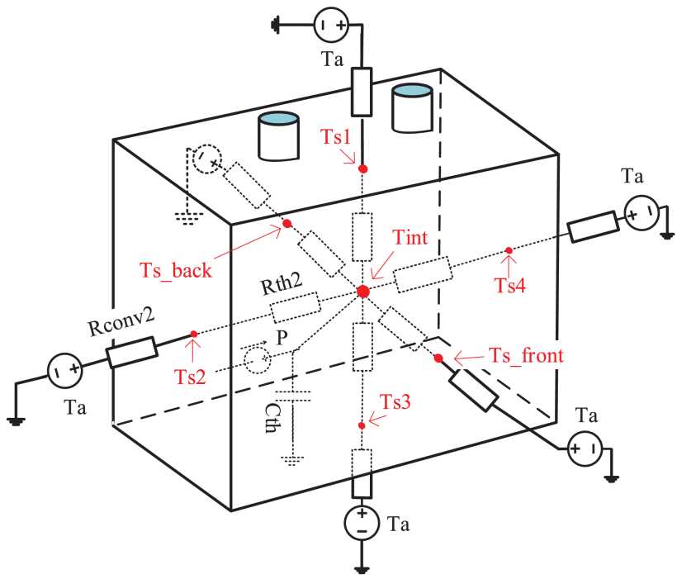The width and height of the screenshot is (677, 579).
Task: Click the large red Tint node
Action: pos(363,291)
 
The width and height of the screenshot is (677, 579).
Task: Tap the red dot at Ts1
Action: pos(362,168)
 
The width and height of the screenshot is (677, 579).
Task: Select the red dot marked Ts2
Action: pos(193,334)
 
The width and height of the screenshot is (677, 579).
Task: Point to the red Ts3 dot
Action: pos(362,425)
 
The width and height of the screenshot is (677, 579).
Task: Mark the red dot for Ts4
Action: pos(509,249)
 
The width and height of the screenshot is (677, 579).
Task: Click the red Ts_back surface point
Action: pos(286,224)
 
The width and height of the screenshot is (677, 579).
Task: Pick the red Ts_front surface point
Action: pos(438,358)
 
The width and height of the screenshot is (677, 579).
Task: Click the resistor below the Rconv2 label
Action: pos(131,352)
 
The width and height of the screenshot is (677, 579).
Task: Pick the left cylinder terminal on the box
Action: pos(279,137)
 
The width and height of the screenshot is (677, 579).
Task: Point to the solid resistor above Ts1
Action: pos(362,92)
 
